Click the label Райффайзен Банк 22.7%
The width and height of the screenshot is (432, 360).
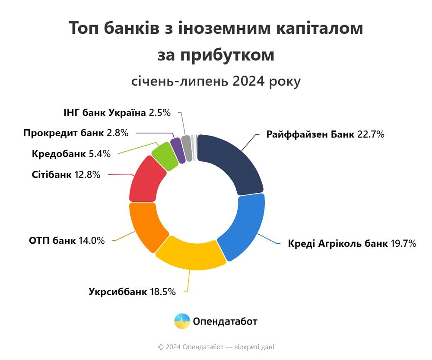(325, 134)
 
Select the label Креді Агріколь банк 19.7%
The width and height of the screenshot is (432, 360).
(352, 244)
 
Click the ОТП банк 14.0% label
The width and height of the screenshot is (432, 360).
(67, 241)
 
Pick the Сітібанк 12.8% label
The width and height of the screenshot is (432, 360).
(66, 175)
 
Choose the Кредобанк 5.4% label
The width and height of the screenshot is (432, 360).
(71, 153)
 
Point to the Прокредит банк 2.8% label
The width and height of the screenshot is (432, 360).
(76, 133)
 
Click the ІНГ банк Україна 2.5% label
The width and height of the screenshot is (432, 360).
(117, 113)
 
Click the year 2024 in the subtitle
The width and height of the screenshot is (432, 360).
(249, 82)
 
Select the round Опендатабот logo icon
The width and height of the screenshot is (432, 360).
(182, 321)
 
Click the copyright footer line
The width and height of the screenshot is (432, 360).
(216, 347)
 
